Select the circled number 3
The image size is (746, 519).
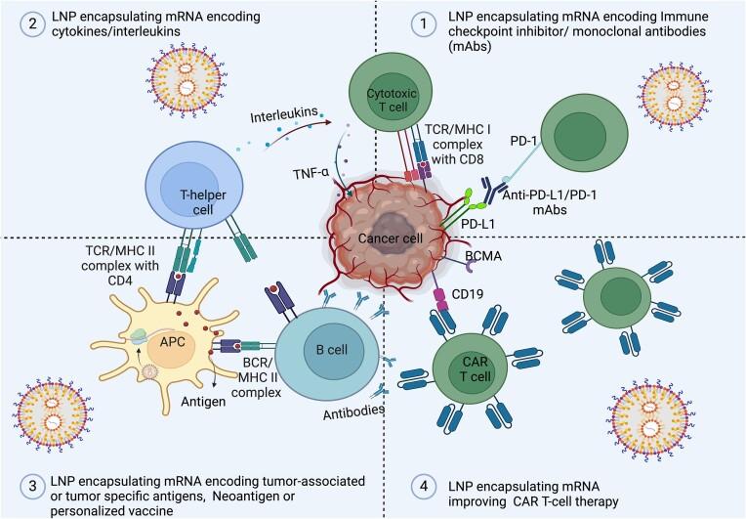click(x=15, y=484)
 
